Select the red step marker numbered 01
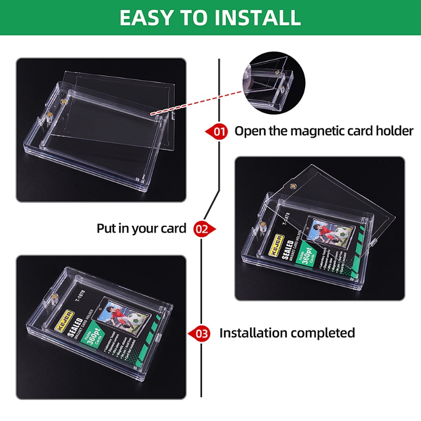(218, 131)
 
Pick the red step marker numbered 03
(201, 333)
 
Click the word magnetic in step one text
(330, 131)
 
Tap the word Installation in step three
(253, 333)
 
